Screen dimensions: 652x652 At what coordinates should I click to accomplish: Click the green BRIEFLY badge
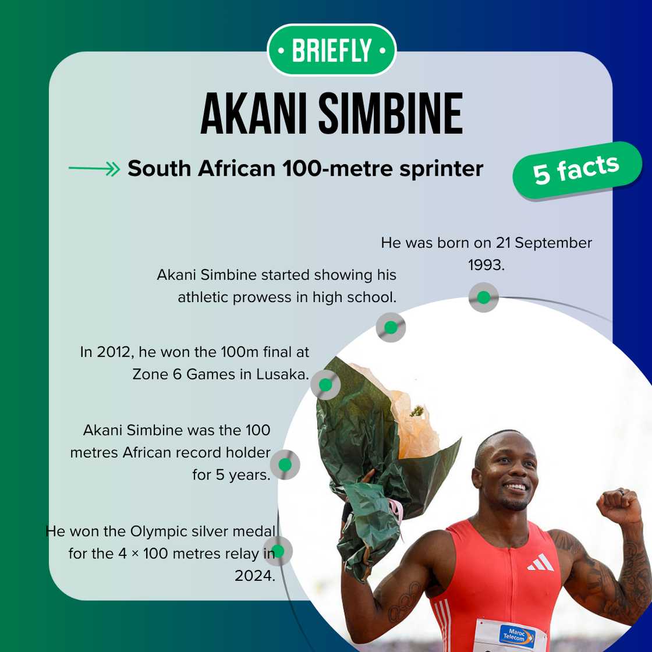pos(331,50)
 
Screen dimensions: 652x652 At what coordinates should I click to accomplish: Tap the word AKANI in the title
pos(254,114)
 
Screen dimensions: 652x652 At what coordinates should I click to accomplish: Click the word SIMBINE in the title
pos(391,114)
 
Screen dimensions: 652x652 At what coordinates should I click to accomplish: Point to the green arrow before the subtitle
pos(94,168)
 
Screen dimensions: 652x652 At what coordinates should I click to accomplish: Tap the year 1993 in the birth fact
pos(486,265)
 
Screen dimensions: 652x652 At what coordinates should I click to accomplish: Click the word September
pos(553,243)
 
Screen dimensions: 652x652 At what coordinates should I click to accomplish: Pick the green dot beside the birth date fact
pos(484,297)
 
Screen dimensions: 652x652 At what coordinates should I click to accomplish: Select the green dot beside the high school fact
pos(391,327)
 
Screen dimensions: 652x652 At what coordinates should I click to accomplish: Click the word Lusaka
pos(282,374)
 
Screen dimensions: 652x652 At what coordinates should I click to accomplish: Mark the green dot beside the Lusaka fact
pos(325,385)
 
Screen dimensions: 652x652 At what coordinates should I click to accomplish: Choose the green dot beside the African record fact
pos(285,465)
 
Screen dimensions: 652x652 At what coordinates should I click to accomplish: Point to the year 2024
pos(254,576)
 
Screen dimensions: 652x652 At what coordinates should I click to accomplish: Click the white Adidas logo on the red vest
pos(541,562)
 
